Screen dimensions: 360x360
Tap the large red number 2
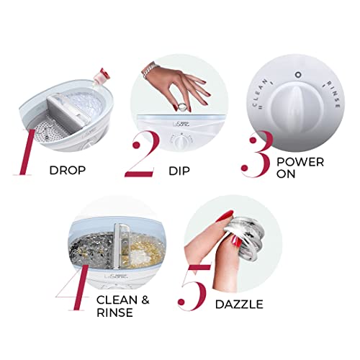143,154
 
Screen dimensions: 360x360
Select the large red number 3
256,153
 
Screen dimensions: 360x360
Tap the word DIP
179,171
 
